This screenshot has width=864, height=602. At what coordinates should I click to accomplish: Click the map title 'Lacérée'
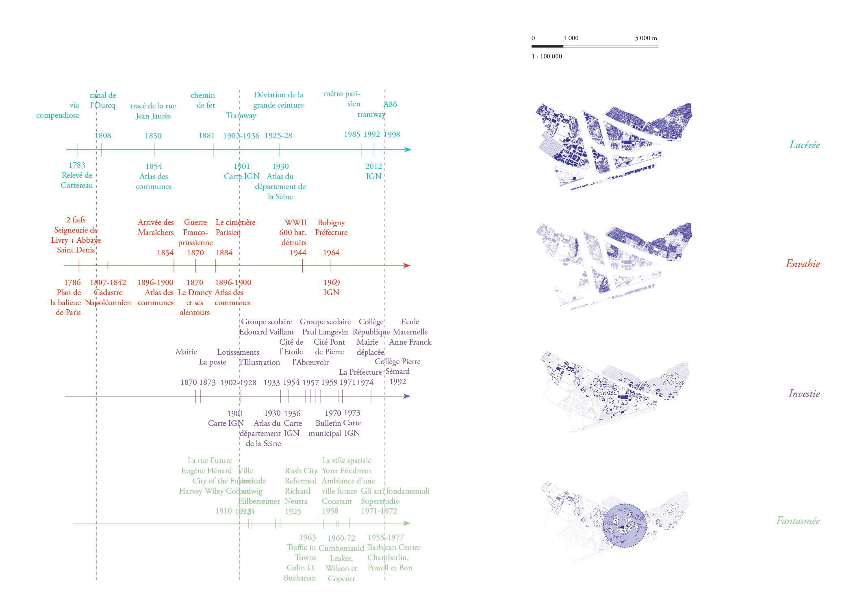(804, 145)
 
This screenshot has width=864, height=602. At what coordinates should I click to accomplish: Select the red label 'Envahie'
(803, 264)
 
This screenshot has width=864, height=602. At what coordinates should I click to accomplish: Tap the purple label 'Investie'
(804, 393)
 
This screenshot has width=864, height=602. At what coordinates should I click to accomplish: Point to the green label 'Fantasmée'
(798, 520)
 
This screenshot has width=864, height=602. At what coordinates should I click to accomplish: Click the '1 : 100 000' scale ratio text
(547, 56)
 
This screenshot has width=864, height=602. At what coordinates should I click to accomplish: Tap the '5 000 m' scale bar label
(646, 38)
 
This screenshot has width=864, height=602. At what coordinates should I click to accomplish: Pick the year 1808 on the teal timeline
(103, 136)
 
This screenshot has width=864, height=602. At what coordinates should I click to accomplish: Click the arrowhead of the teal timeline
(408, 149)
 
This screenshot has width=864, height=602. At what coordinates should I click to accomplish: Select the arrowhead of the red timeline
(407, 265)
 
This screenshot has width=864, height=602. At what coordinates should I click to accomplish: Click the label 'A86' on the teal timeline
(390, 104)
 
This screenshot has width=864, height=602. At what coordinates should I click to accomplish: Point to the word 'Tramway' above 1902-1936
(241, 116)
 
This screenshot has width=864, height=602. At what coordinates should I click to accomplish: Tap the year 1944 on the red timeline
(298, 253)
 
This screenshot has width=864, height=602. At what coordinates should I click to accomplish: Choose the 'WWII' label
(295, 222)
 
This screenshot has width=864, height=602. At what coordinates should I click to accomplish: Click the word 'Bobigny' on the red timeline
(331, 222)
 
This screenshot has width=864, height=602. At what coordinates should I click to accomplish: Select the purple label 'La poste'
(213, 362)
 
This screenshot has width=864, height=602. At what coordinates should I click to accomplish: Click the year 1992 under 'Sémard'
(397, 382)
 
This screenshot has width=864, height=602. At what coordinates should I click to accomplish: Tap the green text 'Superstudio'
(380, 501)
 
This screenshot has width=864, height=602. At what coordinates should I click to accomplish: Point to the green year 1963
(307, 537)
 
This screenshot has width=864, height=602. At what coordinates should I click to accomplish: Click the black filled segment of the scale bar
(547, 46)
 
